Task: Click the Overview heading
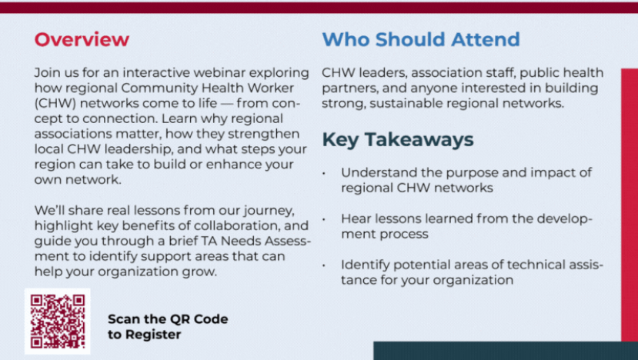pyautogui.click(x=82, y=39)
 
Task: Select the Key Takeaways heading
pyautogui.click(x=398, y=139)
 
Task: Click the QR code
pyautogui.click(x=58, y=321)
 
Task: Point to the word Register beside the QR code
pyautogui.click(x=153, y=335)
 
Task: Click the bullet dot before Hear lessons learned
pyautogui.click(x=324, y=219)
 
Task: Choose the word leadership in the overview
pyautogui.click(x=138, y=149)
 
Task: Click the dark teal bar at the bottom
pyautogui.click(x=506, y=351)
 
